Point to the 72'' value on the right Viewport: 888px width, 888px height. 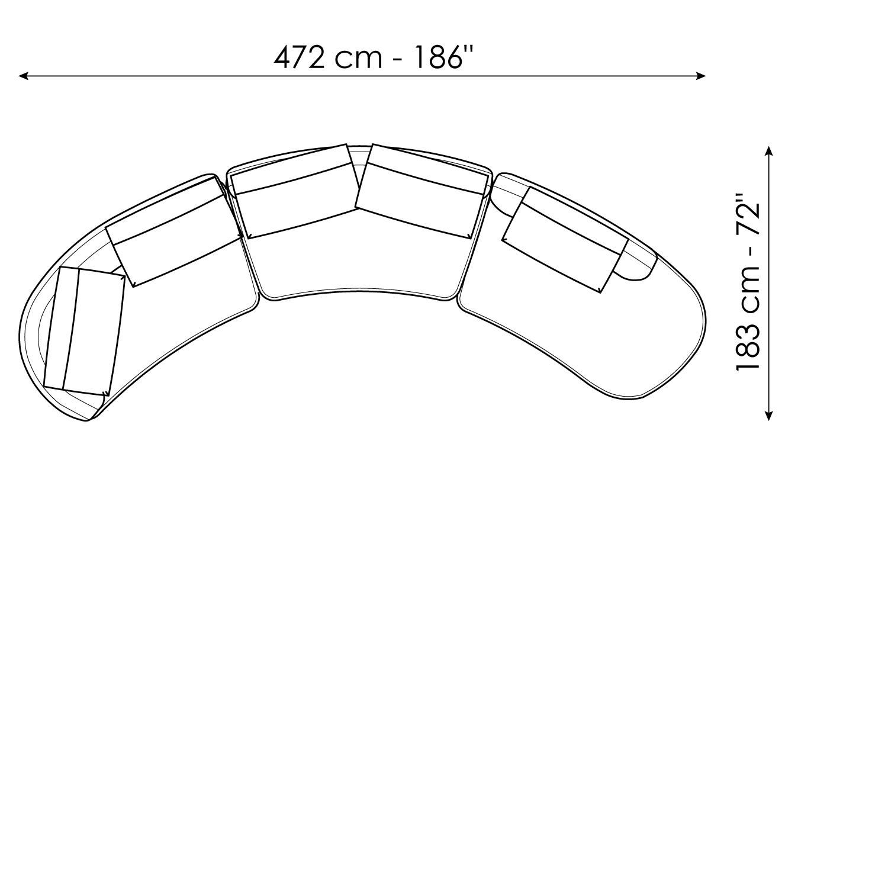[748, 211]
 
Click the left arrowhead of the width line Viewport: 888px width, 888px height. [24, 76]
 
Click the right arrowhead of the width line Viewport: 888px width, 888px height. [700, 76]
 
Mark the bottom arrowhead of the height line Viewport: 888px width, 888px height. [768, 415]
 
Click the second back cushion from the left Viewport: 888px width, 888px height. [174, 231]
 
